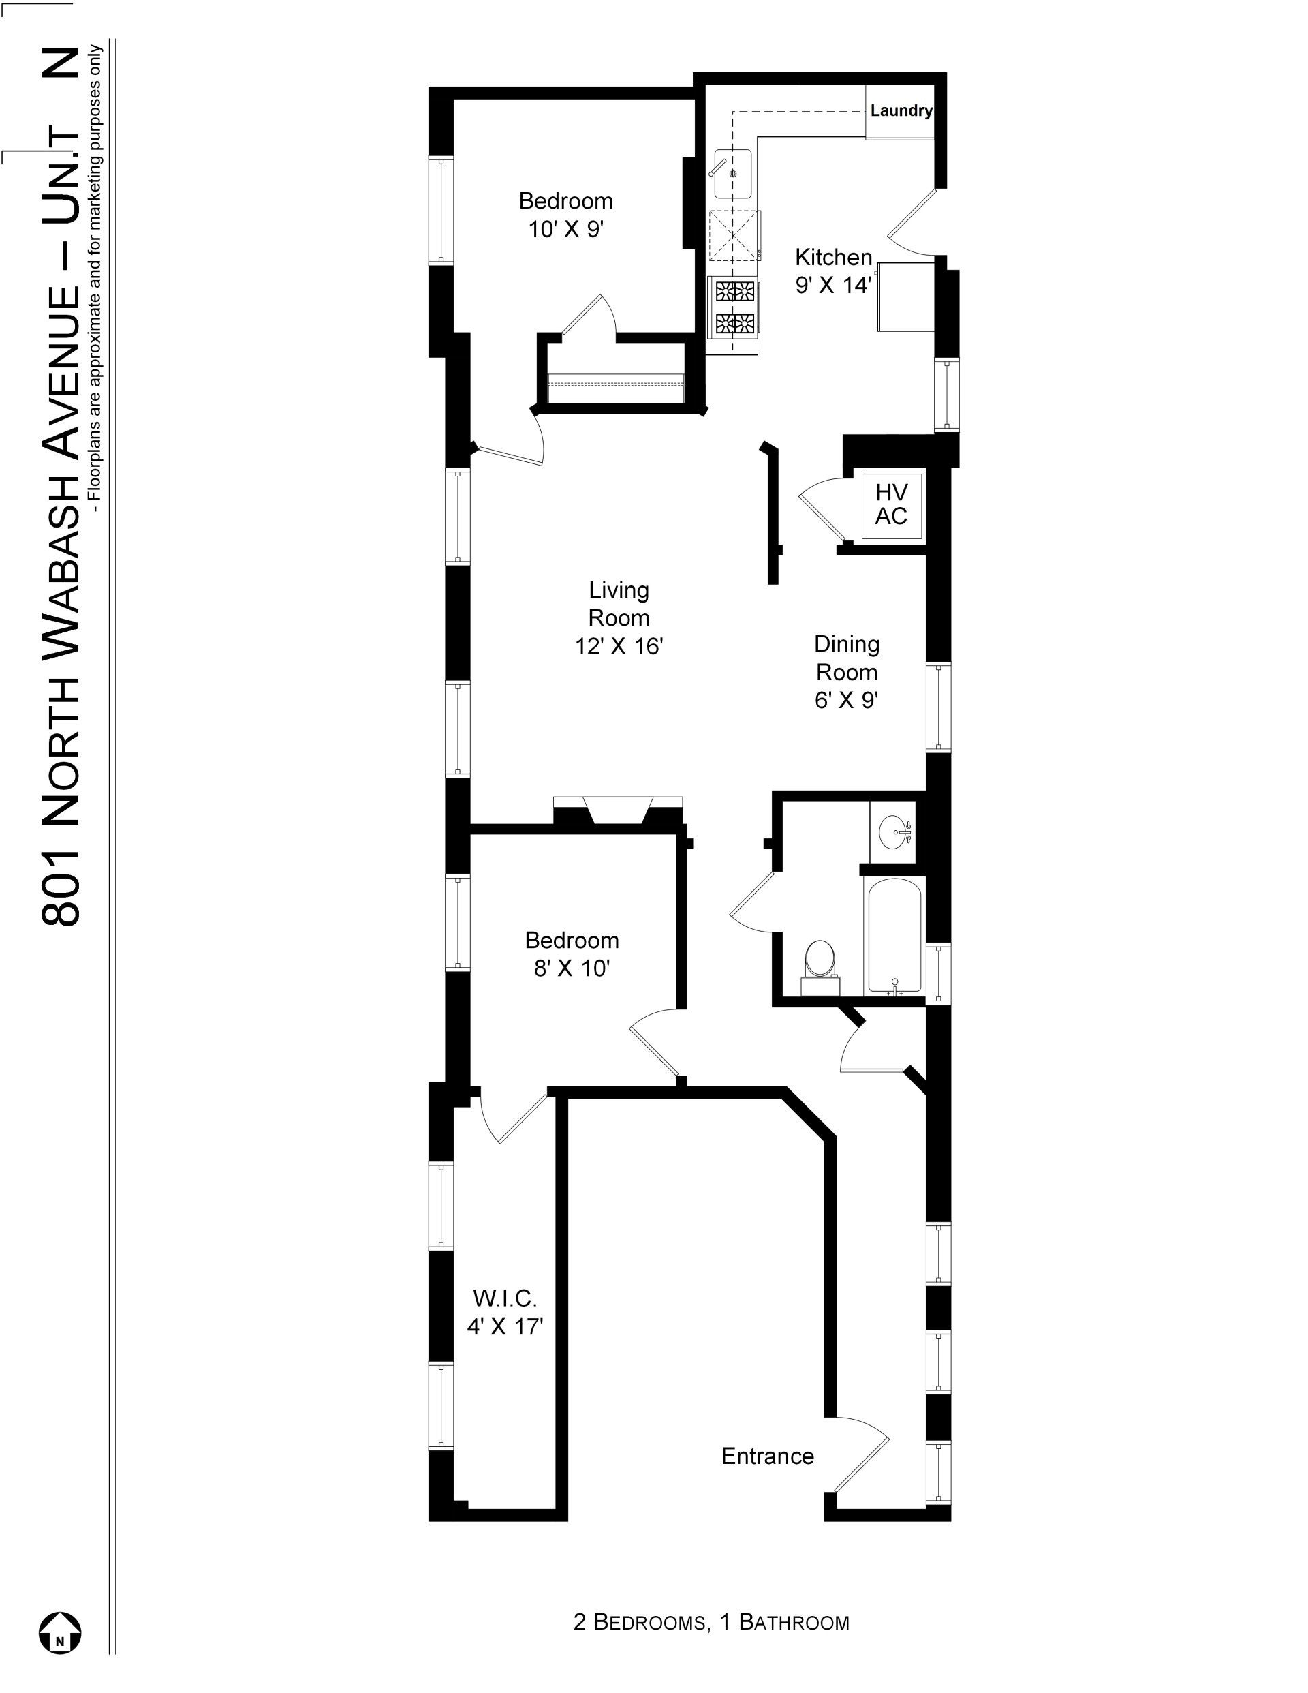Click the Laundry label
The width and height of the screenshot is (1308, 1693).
[x=901, y=110]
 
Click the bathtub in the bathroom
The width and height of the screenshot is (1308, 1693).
[x=895, y=936]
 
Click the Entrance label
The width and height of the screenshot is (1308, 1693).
[x=767, y=1456]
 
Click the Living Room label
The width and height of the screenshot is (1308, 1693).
[x=619, y=604]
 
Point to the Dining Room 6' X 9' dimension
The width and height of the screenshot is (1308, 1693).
[x=846, y=700]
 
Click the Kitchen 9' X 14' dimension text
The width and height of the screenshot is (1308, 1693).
[x=833, y=286]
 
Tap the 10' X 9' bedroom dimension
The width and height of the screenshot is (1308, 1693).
[x=565, y=230]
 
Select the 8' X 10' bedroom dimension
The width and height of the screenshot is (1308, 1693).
[x=572, y=968]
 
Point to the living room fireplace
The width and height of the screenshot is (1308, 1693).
[x=619, y=811]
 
